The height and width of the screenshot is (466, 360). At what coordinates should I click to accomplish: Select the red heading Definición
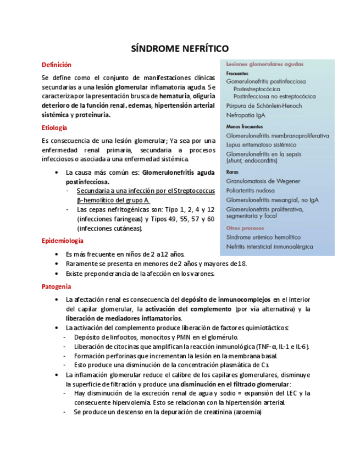point(57,65)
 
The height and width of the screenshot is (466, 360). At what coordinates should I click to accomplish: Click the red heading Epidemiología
point(63,240)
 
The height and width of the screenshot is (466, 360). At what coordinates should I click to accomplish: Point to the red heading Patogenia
point(56,286)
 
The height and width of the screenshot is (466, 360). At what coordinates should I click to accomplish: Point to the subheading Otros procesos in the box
point(243,228)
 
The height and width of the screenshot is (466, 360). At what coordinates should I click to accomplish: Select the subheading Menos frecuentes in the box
point(244,126)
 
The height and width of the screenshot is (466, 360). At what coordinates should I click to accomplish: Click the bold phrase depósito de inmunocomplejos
point(225,299)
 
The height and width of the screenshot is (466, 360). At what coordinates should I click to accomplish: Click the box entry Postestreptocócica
point(257,88)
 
